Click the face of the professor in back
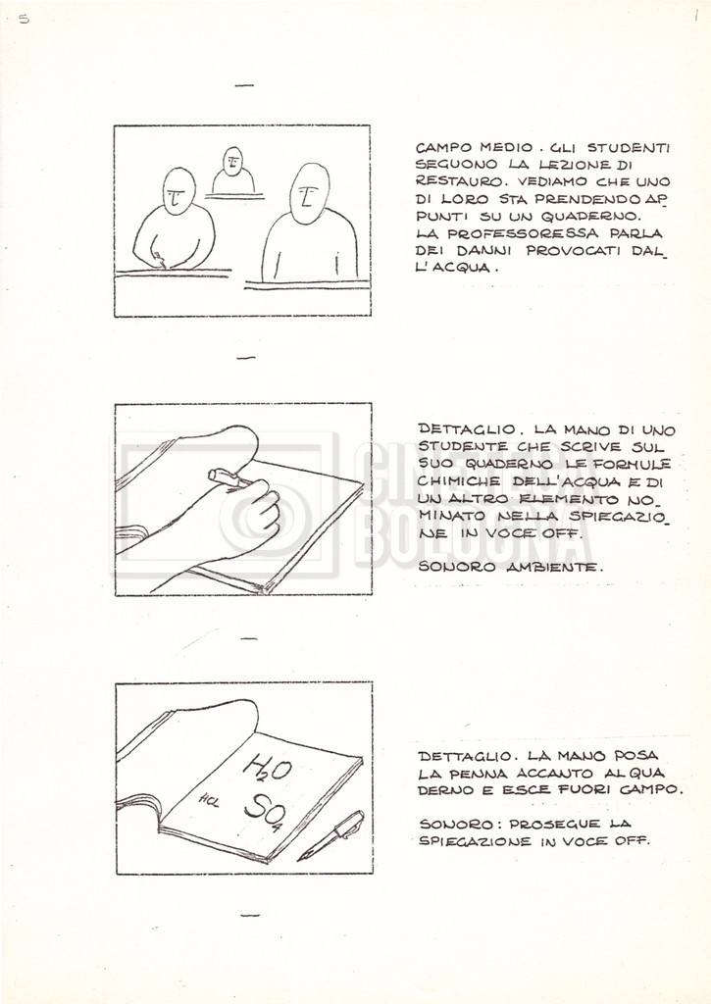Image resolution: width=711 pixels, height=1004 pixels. [x=232, y=162]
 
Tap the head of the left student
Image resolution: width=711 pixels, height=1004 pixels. [x=178, y=191]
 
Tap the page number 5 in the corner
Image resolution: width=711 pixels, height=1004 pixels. [x=24, y=19]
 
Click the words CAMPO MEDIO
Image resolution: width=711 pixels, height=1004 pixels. [x=471, y=148]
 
